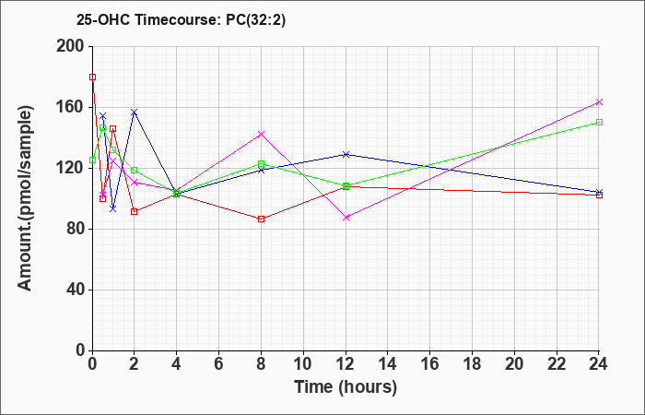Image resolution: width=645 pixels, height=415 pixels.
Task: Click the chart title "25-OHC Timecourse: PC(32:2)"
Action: tap(181, 19)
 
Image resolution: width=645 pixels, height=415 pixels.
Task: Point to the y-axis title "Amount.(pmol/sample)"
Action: tap(25, 198)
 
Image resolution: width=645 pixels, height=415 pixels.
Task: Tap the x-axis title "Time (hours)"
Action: tap(346, 387)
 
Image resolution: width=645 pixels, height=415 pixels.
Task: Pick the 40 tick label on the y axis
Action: tap(75, 290)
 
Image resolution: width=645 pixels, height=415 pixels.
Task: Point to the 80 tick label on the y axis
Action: tap(75, 229)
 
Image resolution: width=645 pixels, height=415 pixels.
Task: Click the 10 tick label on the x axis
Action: tap(303, 364)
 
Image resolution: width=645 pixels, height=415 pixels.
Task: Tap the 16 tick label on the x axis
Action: tap(430, 364)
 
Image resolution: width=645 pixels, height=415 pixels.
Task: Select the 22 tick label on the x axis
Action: tap(557, 364)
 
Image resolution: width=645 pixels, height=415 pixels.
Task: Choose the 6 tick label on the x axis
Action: tap(219, 364)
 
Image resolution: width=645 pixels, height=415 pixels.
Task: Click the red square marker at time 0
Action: tap(92, 77)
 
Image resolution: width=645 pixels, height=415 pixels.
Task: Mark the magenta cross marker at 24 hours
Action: tap(599, 102)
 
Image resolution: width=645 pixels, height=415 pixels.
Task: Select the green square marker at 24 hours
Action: tap(599, 123)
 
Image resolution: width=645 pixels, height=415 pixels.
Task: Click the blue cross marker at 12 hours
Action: tap(346, 154)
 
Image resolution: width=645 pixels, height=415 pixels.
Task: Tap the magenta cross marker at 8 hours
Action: tap(261, 134)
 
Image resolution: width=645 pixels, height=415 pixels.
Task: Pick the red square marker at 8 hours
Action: tap(261, 219)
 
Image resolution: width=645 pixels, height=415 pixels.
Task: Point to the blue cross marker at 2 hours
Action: tap(135, 112)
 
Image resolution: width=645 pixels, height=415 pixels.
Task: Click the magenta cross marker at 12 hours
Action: tap(346, 218)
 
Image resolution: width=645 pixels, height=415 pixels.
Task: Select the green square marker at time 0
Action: tap(92, 160)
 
